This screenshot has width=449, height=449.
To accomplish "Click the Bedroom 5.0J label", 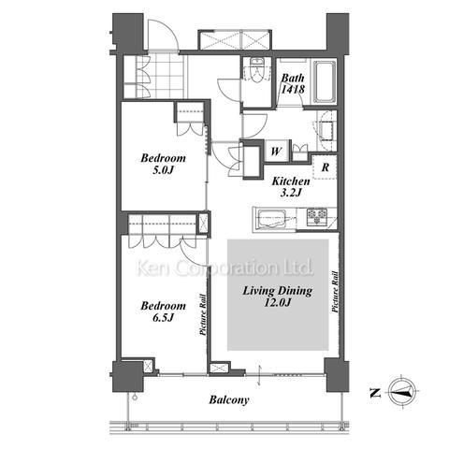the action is click(x=163, y=164).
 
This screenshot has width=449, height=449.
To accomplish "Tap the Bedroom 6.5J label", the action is click(x=163, y=311).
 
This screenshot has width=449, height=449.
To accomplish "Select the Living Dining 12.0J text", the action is click(x=277, y=297).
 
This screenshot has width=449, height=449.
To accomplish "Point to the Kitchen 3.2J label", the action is click(x=291, y=187).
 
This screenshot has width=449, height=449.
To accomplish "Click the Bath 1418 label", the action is click(x=293, y=83).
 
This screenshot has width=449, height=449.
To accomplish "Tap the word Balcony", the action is click(x=229, y=400).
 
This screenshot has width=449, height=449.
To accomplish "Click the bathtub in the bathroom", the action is click(x=325, y=81).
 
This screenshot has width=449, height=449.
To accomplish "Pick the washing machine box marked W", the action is click(x=276, y=152).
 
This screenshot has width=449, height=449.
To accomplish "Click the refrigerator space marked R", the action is click(x=325, y=167).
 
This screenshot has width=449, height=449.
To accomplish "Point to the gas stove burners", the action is click(x=317, y=216).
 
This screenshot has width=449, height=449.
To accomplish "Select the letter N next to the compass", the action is click(x=375, y=393).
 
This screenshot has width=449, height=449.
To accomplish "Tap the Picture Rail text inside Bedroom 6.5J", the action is click(x=203, y=314).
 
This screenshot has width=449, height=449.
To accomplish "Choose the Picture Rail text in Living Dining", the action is click(x=335, y=292).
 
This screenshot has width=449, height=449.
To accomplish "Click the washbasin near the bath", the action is click(x=326, y=130).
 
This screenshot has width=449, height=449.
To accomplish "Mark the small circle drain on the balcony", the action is click(x=135, y=397).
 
